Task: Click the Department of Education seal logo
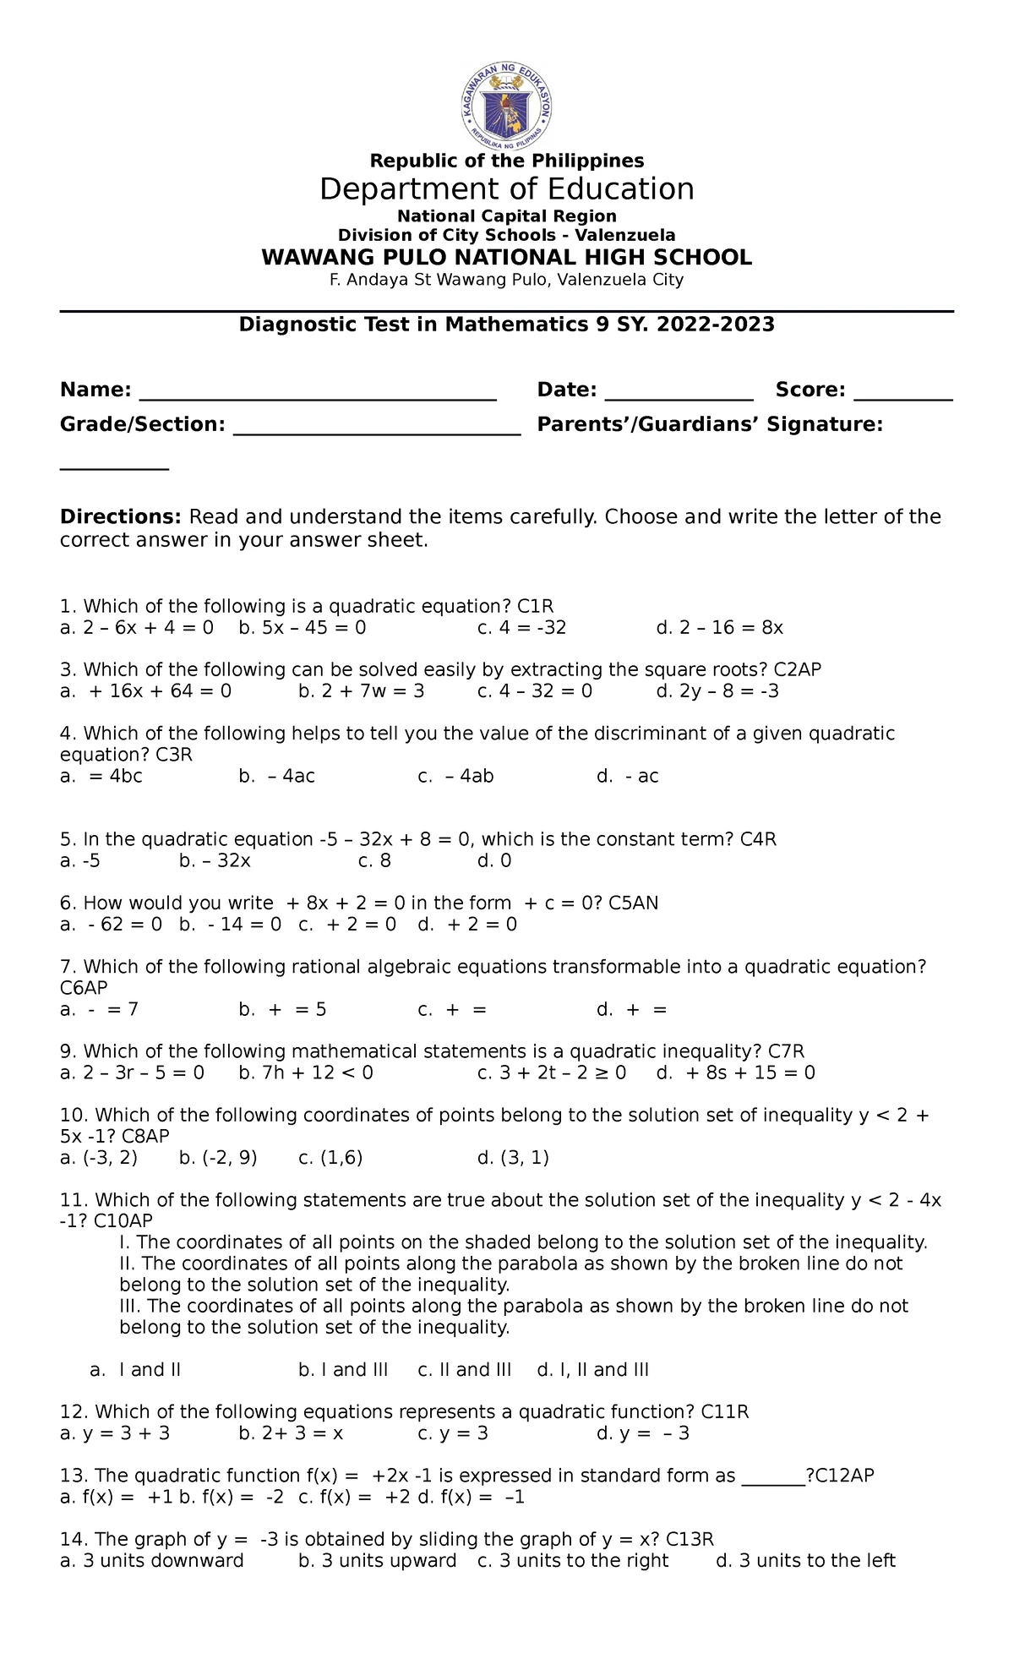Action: coord(507,102)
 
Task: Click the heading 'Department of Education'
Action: coord(507,189)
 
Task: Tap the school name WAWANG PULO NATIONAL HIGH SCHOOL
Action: coord(507,258)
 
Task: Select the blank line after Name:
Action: coord(318,396)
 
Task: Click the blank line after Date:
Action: coord(679,396)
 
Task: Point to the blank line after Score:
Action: coord(903,396)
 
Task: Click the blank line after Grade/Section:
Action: coord(377,430)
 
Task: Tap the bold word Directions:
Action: coord(120,516)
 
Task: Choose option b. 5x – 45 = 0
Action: coord(303,628)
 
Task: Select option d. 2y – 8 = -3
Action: coord(717,691)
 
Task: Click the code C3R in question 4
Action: coord(175,755)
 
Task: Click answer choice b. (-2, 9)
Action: coord(218,1158)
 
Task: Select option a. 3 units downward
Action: coord(152,1561)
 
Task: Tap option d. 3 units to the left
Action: coord(805,1561)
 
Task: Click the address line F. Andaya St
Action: coord(507,280)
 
